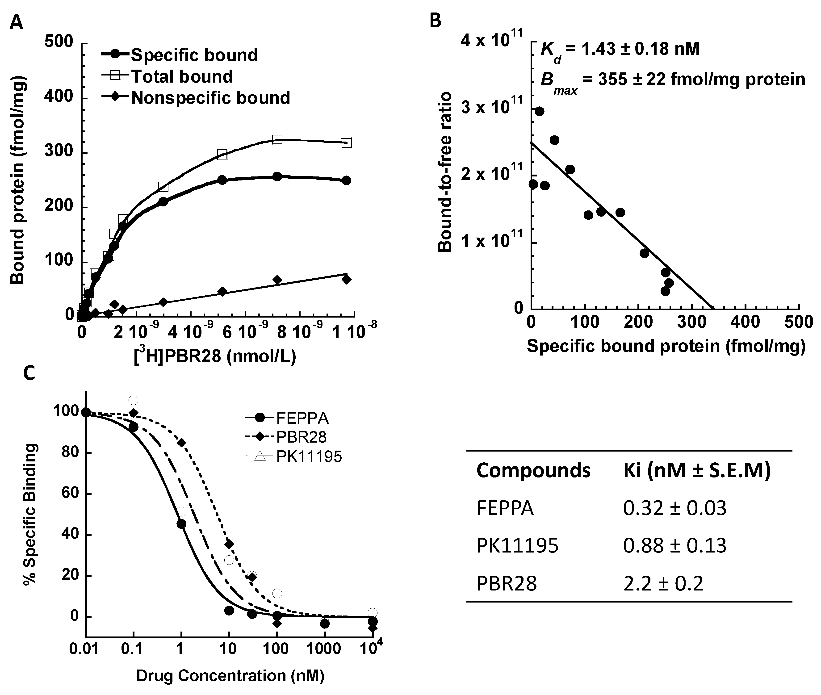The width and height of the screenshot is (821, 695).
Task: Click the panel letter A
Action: coord(17,22)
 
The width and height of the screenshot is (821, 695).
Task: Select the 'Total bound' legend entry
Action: coord(181,76)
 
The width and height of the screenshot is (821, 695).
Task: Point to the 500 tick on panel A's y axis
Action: coord(59,42)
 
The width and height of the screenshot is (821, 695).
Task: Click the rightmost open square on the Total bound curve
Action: coord(346,143)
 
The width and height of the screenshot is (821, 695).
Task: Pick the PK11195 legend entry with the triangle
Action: coord(309,457)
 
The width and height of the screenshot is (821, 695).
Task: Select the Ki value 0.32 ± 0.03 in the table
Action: coord(674,508)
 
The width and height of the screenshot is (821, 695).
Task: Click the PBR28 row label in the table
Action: coord(507,583)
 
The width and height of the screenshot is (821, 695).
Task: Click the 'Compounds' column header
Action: coord(533,470)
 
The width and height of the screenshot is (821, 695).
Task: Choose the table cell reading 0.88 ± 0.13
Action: coord(674,546)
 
